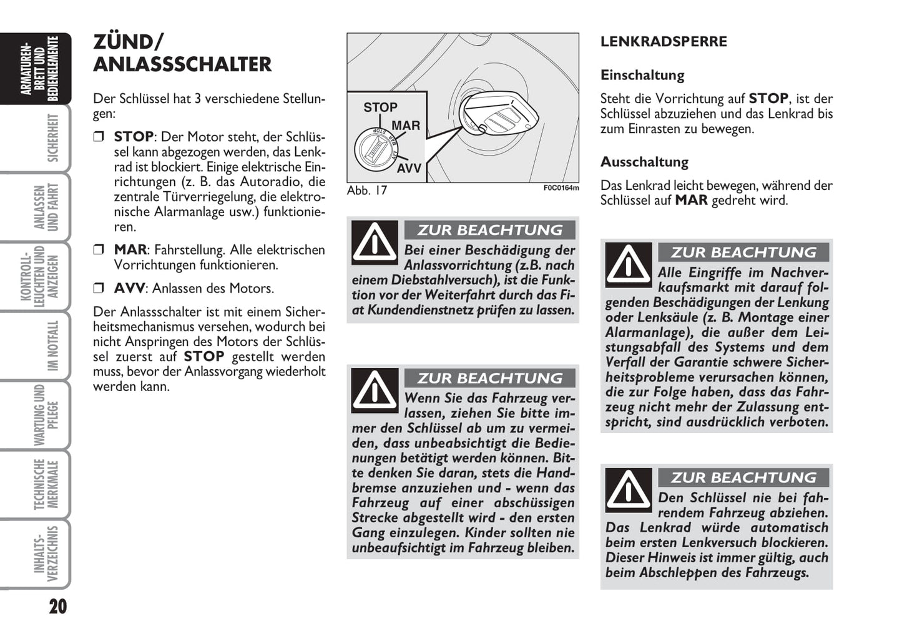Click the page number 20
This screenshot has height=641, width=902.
(x=57, y=606)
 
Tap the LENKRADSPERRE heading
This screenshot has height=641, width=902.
(x=664, y=42)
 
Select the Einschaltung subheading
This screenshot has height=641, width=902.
(x=642, y=75)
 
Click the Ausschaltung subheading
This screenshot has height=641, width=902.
(x=644, y=162)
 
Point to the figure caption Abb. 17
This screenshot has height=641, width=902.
(x=367, y=191)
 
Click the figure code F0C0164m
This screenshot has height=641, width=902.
(x=561, y=188)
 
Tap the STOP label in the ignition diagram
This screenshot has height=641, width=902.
(x=380, y=107)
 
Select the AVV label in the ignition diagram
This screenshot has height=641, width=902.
(x=409, y=168)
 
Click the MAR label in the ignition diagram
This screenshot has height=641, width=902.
(x=406, y=126)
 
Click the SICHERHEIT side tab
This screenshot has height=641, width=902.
(x=52, y=138)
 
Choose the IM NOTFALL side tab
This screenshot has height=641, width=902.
(x=52, y=345)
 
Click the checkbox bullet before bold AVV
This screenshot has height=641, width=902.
(x=99, y=289)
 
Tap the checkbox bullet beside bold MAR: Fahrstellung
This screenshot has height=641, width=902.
(x=99, y=250)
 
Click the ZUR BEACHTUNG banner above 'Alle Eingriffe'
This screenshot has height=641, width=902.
(x=743, y=252)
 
